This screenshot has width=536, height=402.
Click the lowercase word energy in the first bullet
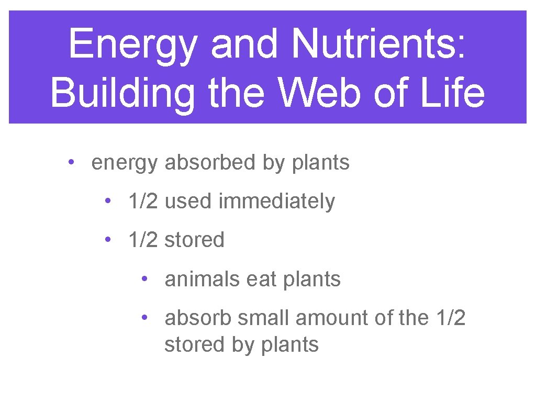[x=124, y=164]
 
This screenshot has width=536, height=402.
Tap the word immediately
[x=276, y=202]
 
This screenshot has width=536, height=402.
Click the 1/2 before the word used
[x=143, y=202]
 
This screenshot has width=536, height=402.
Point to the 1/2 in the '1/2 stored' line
[x=143, y=240]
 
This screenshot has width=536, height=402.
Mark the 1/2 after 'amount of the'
[x=450, y=318]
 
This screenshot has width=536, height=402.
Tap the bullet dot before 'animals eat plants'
[x=144, y=278]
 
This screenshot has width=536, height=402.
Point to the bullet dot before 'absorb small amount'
[x=144, y=317]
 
